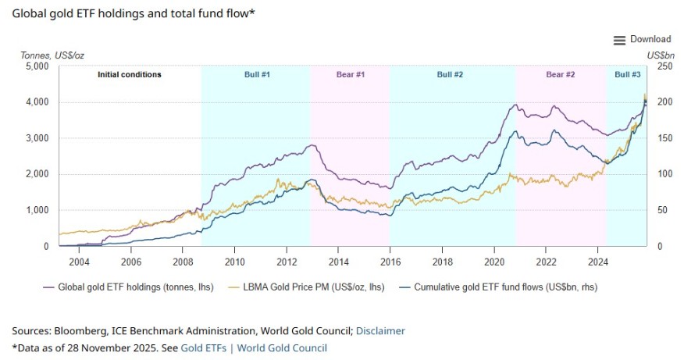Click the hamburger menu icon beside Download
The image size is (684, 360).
[619, 40]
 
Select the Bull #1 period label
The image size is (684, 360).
[255, 75]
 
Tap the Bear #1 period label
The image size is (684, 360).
[350, 75]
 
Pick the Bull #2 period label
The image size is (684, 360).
[450, 75]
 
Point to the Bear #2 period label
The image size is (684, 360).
[560, 75]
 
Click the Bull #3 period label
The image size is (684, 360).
[627, 75]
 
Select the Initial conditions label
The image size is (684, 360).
[129, 75]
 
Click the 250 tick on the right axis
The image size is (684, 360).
[661, 66]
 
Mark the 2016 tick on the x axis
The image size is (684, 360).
[390, 262]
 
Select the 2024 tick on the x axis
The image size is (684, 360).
[597, 262]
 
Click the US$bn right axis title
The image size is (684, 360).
[661, 55]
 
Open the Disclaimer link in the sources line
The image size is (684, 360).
[380, 330]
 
